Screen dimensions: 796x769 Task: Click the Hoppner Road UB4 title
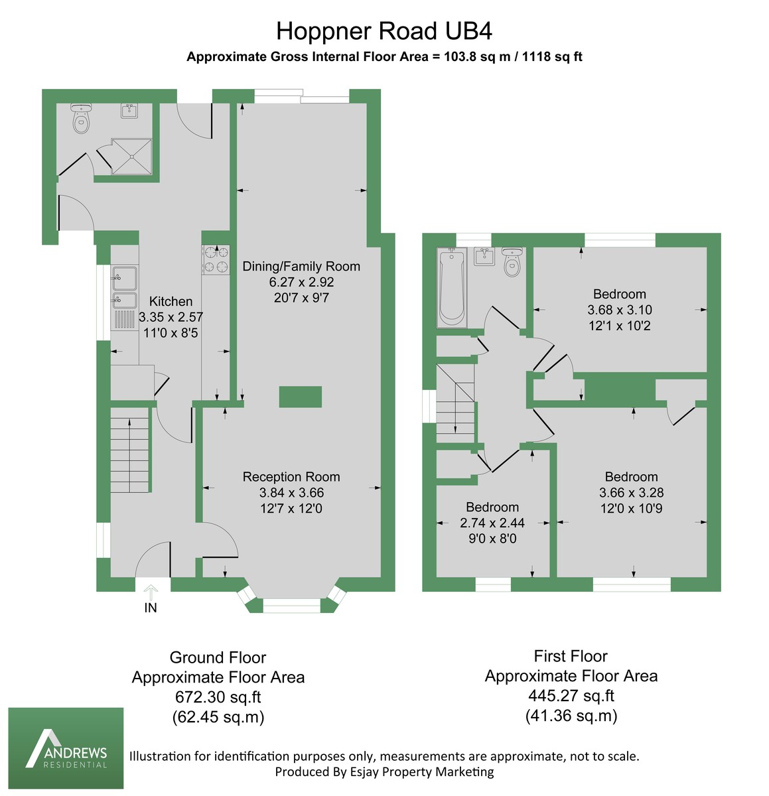[x=384, y=31]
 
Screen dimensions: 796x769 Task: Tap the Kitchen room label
[x=171, y=301]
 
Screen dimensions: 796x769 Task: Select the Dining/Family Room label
[x=301, y=267]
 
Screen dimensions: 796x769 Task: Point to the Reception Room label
[x=291, y=477]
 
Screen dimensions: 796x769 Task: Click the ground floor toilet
[x=81, y=119]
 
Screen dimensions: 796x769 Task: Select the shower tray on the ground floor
[x=131, y=156]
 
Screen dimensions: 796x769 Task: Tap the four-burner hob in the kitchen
[x=216, y=259]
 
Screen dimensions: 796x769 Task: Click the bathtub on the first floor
[x=451, y=288]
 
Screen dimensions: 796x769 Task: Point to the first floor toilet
[x=512, y=263]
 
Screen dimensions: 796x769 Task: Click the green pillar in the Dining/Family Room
[x=300, y=397]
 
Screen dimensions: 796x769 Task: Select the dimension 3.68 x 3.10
[x=620, y=310]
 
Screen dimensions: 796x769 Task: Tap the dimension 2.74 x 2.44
[x=492, y=523]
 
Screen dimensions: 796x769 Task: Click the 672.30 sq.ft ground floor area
[x=218, y=697]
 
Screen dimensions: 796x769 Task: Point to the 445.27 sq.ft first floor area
[x=571, y=696]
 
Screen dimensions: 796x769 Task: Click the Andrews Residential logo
[x=66, y=748]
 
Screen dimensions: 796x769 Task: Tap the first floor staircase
[x=455, y=404]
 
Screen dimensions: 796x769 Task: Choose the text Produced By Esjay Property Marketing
[x=384, y=772]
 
